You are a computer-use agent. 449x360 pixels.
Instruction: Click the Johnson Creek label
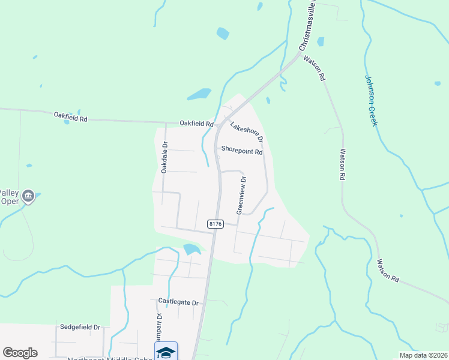[371, 100]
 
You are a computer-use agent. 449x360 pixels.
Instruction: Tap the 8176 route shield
[216, 224]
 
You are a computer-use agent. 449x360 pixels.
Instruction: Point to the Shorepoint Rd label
[242, 152]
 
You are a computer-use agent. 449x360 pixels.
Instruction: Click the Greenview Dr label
[241, 196]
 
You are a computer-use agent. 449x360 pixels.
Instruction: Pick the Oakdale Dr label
[165, 158]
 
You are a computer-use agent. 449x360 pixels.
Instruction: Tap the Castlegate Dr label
[178, 302]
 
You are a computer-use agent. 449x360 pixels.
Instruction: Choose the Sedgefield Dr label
[80, 327]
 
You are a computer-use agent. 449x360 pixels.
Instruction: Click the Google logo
[20, 353]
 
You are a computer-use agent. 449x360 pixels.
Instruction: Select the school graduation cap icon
[166, 352]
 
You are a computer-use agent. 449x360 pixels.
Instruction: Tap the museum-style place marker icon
[28, 196]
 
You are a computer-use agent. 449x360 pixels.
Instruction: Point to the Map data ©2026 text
[423, 355]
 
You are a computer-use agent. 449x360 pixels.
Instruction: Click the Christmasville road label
[307, 25]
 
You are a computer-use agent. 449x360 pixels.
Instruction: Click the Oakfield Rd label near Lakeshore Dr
[197, 124]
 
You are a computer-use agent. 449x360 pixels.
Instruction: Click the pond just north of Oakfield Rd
[199, 94]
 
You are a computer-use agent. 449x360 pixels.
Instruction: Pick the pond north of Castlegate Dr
[191, 248]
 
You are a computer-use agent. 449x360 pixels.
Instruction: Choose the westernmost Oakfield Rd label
[71, 117]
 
